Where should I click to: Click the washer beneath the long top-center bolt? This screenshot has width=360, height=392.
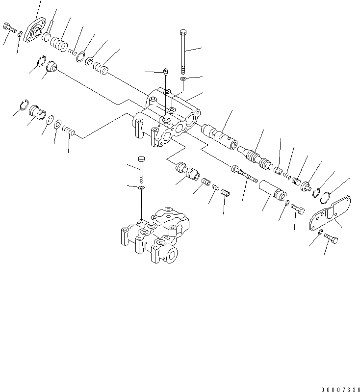coord(182,78)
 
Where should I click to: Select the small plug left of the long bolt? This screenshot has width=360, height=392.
coord(166,72)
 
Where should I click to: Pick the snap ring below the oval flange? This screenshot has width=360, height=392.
coord(43,62)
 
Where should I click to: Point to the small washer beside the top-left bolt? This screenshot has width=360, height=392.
coord(20,34)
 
